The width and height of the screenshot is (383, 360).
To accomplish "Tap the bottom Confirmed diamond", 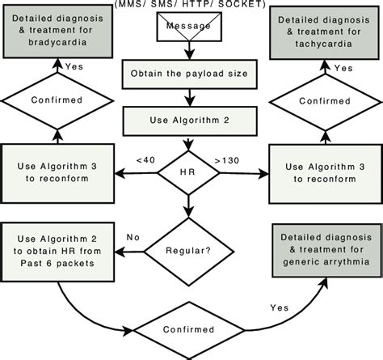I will coord(191,330).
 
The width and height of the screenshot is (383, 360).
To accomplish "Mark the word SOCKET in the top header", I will coord(244,6).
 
